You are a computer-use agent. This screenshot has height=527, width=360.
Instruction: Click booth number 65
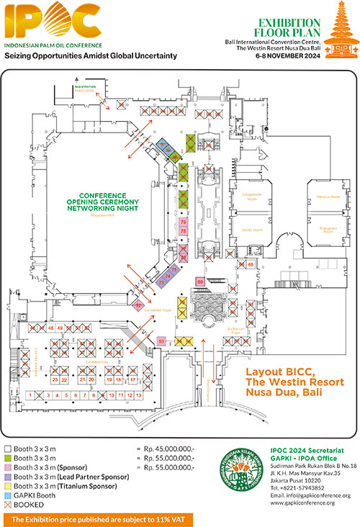pyautogui.click(x=251, y=264)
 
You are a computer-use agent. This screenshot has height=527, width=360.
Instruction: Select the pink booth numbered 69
pyautogui.click(x=199, y=281)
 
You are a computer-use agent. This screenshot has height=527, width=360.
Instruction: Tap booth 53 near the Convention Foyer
pyautogui.click(x=161, y=341)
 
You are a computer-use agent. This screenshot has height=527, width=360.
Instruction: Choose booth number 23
pyautogui.click(x=55, y=379)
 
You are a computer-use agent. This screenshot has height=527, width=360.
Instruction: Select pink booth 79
pyautogui.click(x=184, y=223)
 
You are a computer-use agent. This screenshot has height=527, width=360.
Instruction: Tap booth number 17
pyautogui.click(x=133, y=379)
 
